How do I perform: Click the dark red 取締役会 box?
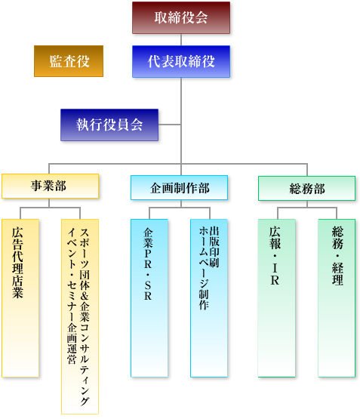[x=181, y=17]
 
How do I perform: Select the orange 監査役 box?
[x=69, y=61]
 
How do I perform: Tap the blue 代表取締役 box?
[x=181, y=61]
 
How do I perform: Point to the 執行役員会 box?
[x=109, y=125]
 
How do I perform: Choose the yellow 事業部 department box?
[x=51, y=186]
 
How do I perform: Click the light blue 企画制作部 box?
[x=179, y=187]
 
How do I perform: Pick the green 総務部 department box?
[x=306, y=189]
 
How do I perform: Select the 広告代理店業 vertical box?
[x=20, y=298]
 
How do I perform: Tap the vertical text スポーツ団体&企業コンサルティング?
[x=85, y=317]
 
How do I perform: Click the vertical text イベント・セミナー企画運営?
[x=72, y=296]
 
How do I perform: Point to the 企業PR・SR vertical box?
[x=149, y=298]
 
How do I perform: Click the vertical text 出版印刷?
[x=214, y=247]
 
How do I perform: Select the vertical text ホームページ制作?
[x=204, y=268]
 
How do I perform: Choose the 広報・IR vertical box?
[x=277, y=298]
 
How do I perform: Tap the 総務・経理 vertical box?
[x=337, y=298]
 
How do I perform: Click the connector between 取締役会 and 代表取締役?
[x=181, y=39]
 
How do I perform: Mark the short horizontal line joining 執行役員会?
[x=170, y=125]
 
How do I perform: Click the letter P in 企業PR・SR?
[x=148, y=253]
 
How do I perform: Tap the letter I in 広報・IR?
[x=275, y=268]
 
